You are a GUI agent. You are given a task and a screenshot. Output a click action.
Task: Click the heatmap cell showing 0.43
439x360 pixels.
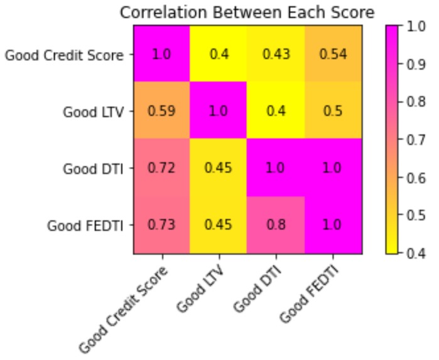pyautogui.click(x=276, y=54)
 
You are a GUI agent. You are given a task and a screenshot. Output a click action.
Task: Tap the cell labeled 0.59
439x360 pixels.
pyautogui.click(x=161, y=111)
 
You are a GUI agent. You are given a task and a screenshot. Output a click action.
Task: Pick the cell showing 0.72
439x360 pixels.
pyautogui.click(x=161, y=168)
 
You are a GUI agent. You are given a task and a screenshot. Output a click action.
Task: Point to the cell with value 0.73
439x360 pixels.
pyautogui.click(x=161, y=226)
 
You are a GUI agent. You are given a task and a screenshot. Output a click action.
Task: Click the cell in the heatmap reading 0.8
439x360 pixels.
pyautogui.click(x=276, y=226)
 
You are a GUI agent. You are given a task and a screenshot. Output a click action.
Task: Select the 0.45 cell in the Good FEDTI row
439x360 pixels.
pyautogui.click(x=219, y=226)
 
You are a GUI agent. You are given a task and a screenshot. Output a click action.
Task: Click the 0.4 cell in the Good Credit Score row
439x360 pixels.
pyautogui.click(x=219, y=54)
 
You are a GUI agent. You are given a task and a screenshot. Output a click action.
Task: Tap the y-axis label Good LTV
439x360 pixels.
pyautogui.click(x=94, y=112)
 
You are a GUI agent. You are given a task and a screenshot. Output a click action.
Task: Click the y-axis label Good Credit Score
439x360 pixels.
pyautogui.click(x=65, y=55)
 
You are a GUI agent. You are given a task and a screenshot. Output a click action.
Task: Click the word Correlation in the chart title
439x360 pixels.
pyautogui.click(x=156, y=12)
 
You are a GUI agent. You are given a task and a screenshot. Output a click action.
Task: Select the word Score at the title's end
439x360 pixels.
pyautogui.click(x=352, y=12)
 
